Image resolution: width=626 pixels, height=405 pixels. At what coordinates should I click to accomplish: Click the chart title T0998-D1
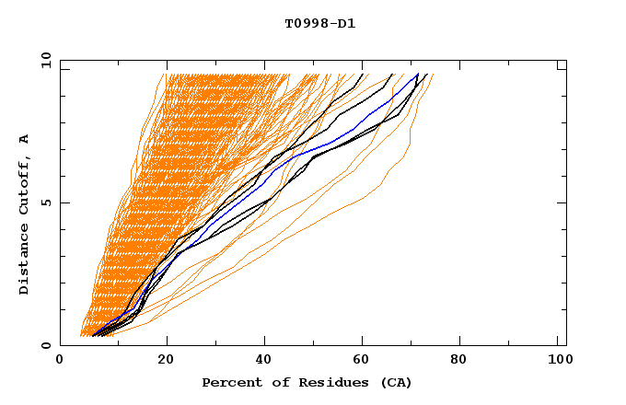pos(319,23)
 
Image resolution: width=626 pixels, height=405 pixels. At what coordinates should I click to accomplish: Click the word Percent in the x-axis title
pos(228,382)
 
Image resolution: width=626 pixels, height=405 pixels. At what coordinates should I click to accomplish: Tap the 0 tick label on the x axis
pos(61,359)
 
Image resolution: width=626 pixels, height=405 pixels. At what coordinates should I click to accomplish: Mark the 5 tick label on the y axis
pos(46,202)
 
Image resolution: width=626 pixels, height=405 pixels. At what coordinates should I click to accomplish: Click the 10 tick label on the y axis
pos(42,60)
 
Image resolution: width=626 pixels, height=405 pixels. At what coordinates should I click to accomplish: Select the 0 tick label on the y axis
pos(46,345)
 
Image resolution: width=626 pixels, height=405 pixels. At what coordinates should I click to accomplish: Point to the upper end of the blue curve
pos(417,75)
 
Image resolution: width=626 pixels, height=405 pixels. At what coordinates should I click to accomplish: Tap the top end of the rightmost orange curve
pos(433,75)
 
